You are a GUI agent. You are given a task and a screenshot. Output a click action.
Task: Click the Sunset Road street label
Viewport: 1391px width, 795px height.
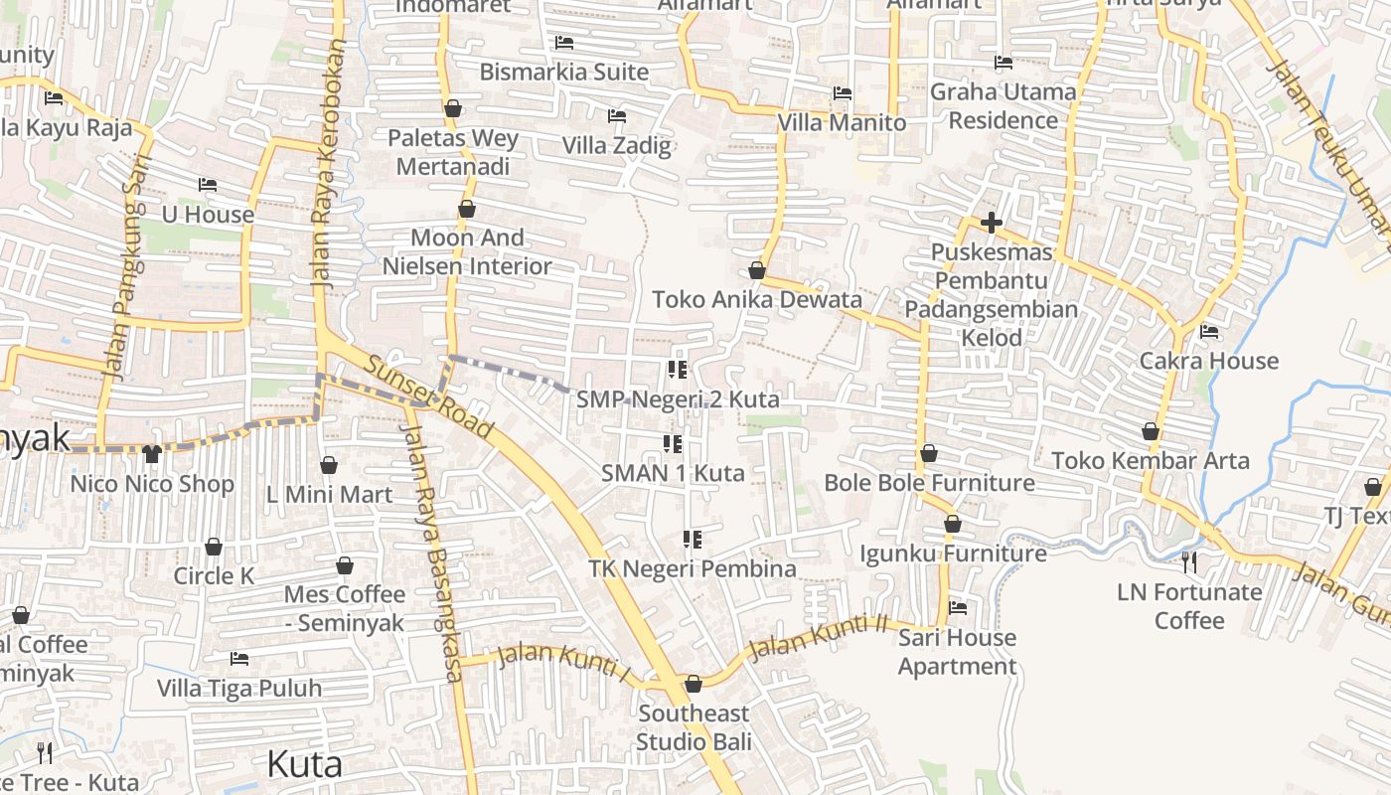pos(428,397)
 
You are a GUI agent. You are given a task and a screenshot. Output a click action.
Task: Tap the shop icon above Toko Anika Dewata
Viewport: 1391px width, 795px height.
pos(757,270)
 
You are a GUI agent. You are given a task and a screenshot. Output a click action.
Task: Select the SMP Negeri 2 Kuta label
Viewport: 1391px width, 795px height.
pos(678,399)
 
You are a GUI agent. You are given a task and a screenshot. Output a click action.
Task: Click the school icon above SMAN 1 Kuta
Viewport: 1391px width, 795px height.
pos(673,443)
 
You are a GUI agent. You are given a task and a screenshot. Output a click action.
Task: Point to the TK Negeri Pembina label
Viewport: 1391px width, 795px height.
pos(693,568)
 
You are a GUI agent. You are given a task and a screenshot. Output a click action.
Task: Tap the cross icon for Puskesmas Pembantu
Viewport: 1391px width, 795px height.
pos(991,223)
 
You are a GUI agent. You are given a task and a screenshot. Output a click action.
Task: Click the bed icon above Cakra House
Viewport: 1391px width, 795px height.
pos(1209,331)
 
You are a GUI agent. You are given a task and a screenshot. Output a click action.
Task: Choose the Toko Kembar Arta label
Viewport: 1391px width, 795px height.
pos(1151,461)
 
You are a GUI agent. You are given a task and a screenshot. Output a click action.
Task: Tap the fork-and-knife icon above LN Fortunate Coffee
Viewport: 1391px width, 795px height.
pos(1189,562)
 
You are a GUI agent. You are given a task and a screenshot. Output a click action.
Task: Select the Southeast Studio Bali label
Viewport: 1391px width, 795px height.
pos(694,727)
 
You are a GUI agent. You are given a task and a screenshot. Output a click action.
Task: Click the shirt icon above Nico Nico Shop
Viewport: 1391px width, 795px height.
pos(151,454)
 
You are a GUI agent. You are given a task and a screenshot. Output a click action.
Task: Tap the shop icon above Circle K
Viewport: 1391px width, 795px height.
pos(214,547)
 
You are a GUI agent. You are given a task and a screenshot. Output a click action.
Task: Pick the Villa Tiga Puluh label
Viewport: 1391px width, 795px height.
pos(239,688)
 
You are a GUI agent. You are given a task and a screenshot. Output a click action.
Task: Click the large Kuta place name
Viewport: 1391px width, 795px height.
pos(305,764)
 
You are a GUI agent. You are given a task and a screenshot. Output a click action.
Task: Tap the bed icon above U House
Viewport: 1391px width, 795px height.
pos(208,185)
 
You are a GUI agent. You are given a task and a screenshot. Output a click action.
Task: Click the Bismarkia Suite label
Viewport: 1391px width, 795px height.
pos(564,72)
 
